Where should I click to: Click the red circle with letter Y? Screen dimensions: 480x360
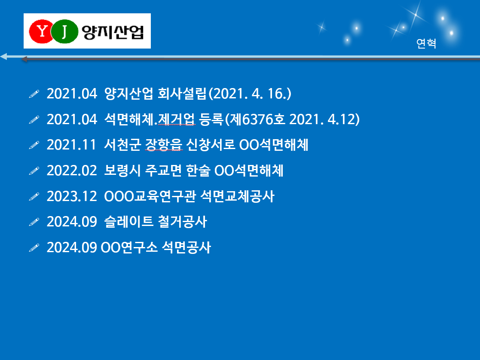(41, 31)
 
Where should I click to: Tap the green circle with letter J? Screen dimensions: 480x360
(64, 31)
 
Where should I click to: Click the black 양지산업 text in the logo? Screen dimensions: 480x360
(113, 32)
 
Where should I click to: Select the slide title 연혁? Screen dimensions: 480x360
(426, 43)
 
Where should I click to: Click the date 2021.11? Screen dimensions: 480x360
(71, 145)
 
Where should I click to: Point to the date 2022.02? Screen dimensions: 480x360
(72, 171)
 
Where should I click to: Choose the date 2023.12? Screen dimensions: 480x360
(72, 196)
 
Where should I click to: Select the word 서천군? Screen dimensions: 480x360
(122, 145)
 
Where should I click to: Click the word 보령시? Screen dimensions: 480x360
(122, 171)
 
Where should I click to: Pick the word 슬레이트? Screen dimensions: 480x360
(128, 222)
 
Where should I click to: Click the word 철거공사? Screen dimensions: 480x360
(183, 222)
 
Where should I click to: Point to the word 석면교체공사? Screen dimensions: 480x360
(238, 196)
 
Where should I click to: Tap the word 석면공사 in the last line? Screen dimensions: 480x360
(186, 247)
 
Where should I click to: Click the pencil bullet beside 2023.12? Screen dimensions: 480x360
(34, 196)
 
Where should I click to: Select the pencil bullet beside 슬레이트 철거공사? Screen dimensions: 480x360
(34, 222)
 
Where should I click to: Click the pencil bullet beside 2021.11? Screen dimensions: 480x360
(34, 145)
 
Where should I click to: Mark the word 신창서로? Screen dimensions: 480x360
(211, 145)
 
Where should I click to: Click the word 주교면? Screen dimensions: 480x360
(163, 171)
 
